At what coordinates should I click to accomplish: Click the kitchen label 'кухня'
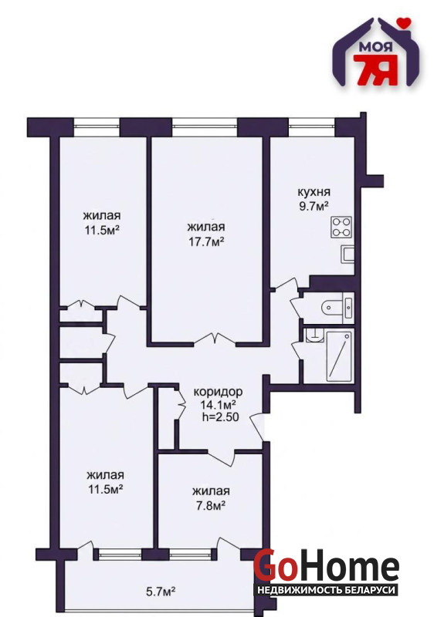point(314,192)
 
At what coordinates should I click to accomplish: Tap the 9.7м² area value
point(314,207)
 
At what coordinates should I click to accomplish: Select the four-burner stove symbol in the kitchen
point(341,227)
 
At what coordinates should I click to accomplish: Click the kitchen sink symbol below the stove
point(347,255)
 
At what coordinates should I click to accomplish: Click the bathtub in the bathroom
point(338,356)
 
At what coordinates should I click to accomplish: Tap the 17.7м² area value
point(206,241)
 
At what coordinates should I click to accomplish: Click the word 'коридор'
point(218,392)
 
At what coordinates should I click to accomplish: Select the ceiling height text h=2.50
point(220,417)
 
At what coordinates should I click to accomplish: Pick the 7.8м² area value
point(210,505)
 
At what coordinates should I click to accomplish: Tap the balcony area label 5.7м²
point(161,591)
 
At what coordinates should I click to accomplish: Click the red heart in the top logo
point(403,22)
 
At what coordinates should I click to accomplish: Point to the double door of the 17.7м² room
point(214,339)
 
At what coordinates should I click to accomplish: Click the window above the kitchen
point(312,127)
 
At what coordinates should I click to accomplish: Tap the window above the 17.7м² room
point(205,127)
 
